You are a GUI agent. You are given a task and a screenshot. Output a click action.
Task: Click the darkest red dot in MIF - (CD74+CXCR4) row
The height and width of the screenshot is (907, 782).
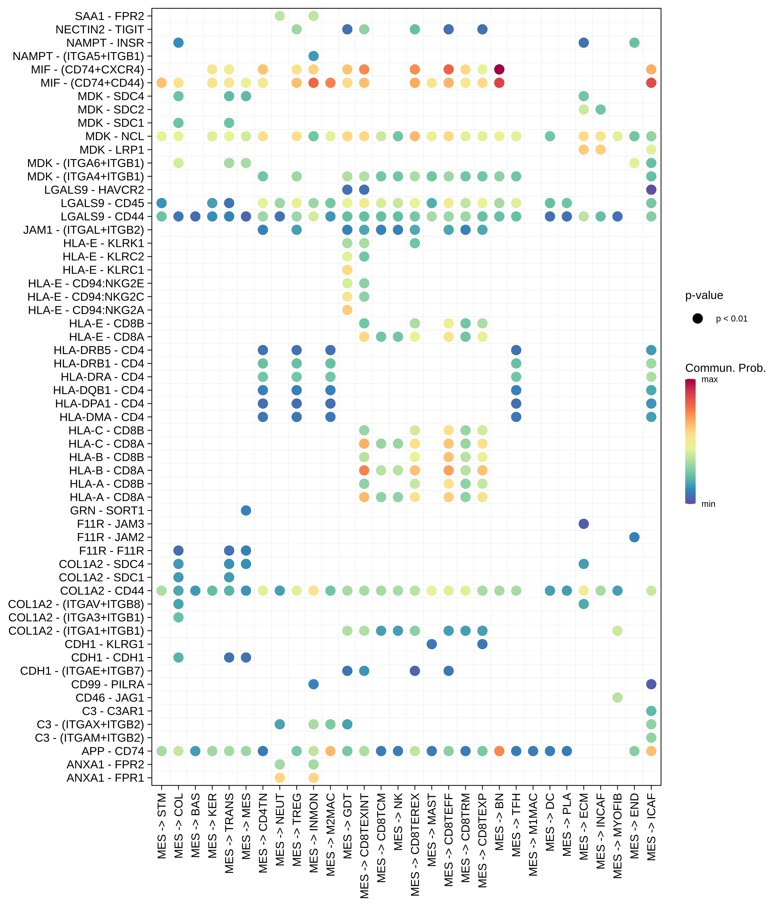[x=499, y=69]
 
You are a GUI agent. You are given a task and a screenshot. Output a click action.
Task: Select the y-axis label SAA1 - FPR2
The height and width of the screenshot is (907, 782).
[x=109, y=16]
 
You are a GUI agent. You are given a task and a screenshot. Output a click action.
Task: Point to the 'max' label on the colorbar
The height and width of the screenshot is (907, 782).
[x=709, y=379]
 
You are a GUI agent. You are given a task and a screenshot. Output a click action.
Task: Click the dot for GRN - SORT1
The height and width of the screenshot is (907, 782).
[x=246, y=510]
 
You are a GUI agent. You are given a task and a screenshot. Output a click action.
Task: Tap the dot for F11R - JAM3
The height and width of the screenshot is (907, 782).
[x=584, y=524]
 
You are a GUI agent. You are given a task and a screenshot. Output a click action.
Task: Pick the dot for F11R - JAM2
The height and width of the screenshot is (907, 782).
[x=634, y=537]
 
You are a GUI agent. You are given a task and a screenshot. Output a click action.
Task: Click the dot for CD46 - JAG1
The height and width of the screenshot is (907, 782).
[x=617, y=697]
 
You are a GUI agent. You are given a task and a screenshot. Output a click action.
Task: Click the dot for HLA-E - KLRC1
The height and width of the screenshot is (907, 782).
[x=347, y=270]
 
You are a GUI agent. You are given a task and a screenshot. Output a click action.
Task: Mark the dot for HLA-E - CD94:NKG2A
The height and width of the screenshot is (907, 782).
[x=347, y=310]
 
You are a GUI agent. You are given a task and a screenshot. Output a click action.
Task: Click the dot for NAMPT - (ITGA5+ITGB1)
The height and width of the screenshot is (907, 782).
[x=313, y=56]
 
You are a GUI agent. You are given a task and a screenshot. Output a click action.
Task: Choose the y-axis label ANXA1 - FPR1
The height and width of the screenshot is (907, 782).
[x=105, y=778]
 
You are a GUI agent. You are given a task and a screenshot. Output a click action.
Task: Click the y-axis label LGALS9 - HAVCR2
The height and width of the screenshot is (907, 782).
[x=94, y=190]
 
